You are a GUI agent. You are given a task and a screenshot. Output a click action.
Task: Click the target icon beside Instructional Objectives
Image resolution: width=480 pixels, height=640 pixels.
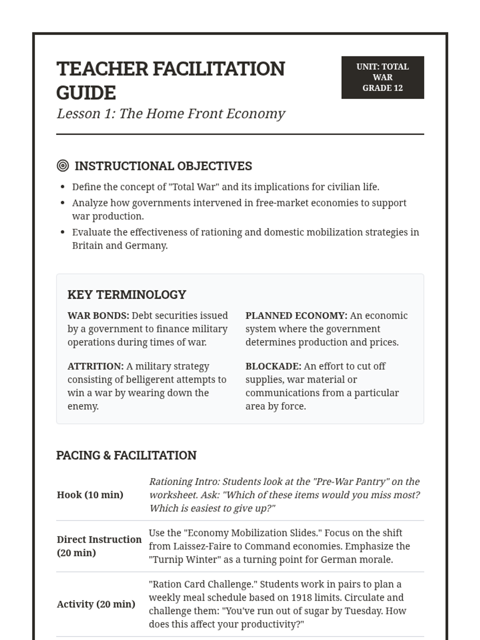click(x=63, y=166)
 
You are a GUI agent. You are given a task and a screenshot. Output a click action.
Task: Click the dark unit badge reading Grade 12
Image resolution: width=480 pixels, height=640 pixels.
click(x=382, y=78)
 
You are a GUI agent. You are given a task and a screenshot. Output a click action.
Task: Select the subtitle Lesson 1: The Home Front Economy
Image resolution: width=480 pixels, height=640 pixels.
click(x=171, y=114)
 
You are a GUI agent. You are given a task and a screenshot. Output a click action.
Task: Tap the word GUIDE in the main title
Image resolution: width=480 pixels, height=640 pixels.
click(x=86, y=93)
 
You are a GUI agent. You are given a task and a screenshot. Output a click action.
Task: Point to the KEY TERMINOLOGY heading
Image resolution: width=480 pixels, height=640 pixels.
click(x=127, y=295)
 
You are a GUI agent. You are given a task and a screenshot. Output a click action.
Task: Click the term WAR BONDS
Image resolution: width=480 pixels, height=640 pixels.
click(x=98, y=316)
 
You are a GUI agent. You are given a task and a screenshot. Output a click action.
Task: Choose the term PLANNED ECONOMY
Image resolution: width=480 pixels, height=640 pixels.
click(x=296, y=316)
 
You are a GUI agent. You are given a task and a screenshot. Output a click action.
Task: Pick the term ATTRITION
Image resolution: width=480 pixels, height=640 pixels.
click(x=95, y=366)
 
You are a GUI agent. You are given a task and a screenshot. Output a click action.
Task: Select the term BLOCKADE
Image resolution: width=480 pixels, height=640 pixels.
click(x=273, y=366)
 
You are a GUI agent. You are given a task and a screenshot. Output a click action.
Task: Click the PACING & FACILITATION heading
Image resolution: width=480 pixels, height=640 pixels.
click(x=126, y=456)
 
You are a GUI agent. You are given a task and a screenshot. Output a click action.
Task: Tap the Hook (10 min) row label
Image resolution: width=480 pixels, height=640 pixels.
click(x=90, y=495)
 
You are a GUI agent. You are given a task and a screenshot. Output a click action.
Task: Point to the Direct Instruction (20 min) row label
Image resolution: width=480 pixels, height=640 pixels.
click(x=99, y=546)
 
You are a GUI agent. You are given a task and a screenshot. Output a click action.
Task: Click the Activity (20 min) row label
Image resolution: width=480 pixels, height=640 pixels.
click(x=96, y=604)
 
